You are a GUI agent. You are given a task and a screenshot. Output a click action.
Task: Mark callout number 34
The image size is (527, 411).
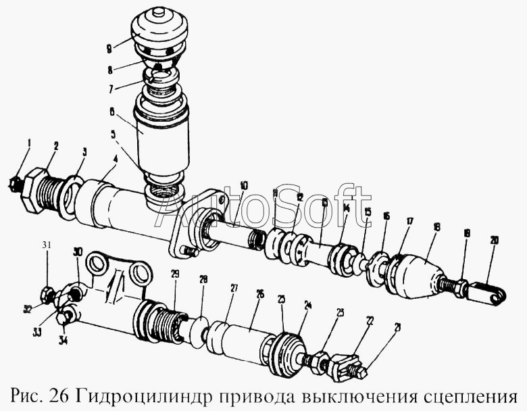(64, 339)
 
